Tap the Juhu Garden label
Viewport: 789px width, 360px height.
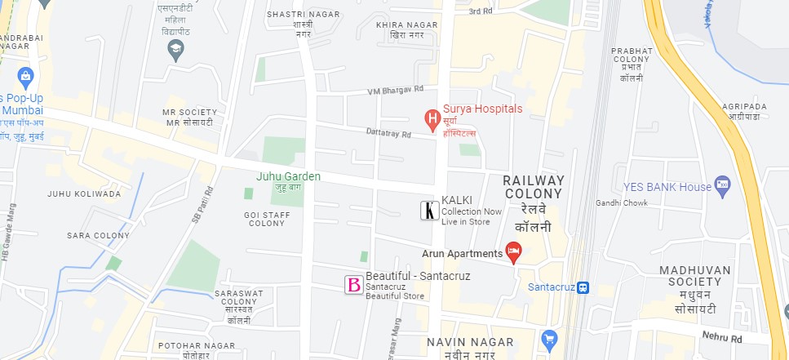288,176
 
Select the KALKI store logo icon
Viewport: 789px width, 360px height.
428,211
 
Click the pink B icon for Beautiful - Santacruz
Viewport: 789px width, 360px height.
354,285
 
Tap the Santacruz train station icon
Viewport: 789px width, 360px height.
583,287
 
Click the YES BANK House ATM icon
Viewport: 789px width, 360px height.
721,186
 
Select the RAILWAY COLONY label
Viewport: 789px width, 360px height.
534,187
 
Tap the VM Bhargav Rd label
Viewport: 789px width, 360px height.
396,90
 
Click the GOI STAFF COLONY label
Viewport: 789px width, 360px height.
267,219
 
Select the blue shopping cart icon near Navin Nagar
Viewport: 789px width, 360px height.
549,338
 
